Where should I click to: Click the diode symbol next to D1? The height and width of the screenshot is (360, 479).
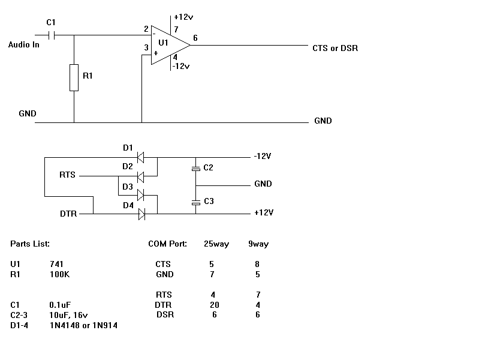(x=141, y=158)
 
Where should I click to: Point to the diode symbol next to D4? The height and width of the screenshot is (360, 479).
(x=141, y=213)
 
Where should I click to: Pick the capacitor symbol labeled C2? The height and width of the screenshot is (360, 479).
(x=195, y=169)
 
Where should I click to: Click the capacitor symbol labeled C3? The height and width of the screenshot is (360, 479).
(x=195, y=202)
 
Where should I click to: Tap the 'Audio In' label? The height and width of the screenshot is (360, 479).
(x=24, y=45)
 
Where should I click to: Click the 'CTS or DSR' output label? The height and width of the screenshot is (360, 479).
(x=335, y=48)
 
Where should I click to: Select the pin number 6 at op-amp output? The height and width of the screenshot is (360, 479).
(x=195, y=38)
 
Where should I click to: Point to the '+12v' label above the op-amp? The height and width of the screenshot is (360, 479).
(x=182, y=18)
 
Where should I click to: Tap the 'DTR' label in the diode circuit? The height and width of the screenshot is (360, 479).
(x=68, y=214)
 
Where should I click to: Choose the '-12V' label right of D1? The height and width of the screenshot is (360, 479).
(x=263, y=157)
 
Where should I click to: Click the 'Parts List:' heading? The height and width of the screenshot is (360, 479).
(x=30, y=244)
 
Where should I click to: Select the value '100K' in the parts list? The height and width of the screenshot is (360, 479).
(x=60, y=274)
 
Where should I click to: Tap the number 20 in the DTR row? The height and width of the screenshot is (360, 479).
(x=214, y=304)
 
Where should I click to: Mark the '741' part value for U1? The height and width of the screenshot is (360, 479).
(x=57, y=264)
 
